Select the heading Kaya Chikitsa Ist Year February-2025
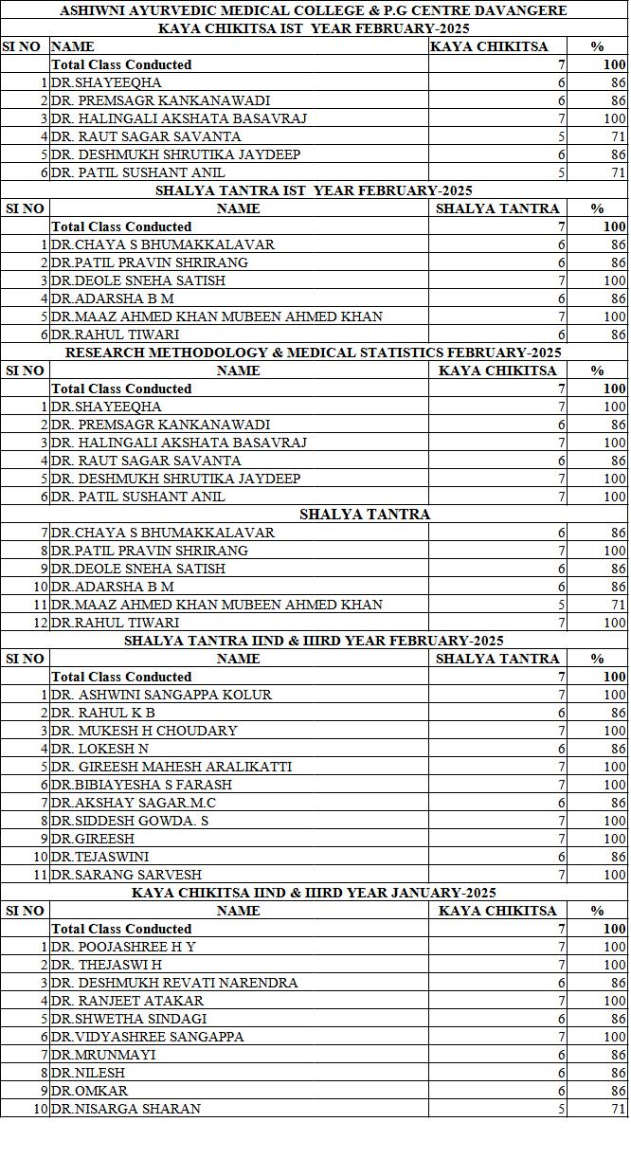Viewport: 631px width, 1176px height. (x=314, y=28)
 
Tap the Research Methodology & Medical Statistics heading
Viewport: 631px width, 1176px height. (x=314, y=353)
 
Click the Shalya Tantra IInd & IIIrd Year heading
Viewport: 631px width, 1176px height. (x=314, y=641)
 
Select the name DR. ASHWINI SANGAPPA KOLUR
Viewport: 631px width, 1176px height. (x=162, y=695)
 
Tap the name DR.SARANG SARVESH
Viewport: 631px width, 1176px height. (x=126, y=875)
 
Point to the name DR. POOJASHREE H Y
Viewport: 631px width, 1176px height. (x=124, y=947)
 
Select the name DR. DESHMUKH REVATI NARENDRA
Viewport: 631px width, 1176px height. (x=174, y=983)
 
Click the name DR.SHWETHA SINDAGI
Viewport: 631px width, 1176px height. (x=129, y=1019)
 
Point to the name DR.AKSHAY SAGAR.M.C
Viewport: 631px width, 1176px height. (x=134, y=803)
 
